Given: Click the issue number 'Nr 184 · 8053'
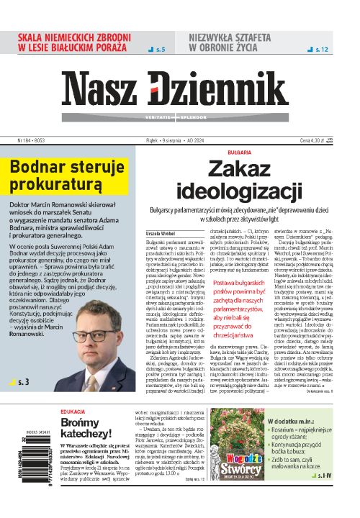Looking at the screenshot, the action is [23, 141].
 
